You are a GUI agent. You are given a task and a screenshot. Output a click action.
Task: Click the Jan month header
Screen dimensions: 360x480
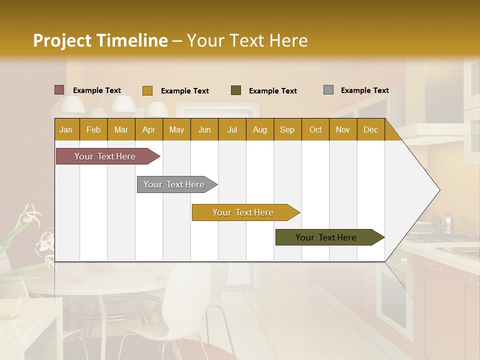pyautogui.click(x=66, y=129)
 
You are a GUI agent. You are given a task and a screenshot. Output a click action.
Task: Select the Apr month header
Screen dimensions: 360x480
pyautogui.click(x=148, y=129)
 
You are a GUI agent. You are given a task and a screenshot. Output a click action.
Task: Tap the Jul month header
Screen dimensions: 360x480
pyautogui.click(x=232, y=129)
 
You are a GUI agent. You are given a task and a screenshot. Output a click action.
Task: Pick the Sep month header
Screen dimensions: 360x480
pyautogui.click(x=287, y=129)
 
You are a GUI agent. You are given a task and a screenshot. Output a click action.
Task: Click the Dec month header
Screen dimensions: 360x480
pyautogui.click(x=370, y=129)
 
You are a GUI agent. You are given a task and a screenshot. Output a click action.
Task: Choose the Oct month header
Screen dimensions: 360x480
pyautogui.click(x=315, y=129)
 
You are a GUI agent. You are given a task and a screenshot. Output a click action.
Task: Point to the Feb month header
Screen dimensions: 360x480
pyautogui.click(x=93, y=129)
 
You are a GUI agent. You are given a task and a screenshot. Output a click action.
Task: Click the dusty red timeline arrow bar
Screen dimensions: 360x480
pyautogui.click(x=105, y=156)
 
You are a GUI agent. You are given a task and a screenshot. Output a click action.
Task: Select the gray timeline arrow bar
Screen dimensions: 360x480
pyautogui.click(x=174, y=184)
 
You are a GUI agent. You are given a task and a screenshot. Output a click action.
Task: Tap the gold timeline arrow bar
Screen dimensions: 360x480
pyautogui.click(x=243, y=212)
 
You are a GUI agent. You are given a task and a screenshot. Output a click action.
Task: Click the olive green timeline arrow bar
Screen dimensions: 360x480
pyautogui.click(x=326, y=237)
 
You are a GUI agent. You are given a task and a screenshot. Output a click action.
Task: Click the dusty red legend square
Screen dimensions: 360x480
pyautogui.click(x=59, y=90)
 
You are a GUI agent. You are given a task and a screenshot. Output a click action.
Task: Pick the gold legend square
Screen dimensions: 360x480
pyautogui.click(x=147, y=90)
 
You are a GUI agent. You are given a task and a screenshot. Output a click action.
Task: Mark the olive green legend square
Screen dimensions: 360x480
pyautogui.click(x=236, y=90)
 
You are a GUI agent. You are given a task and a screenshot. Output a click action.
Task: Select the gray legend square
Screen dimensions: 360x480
pyautogui.click(x=328, y=90)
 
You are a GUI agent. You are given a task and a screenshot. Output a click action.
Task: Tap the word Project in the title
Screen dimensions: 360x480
pyautogui.click(x=62, y=40)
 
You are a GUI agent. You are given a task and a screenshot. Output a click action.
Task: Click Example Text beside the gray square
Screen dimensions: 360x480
pyautogui.click(x=364, y=90)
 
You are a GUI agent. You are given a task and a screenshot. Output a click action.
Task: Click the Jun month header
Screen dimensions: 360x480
pyautogui.click(x=204, y=129)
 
